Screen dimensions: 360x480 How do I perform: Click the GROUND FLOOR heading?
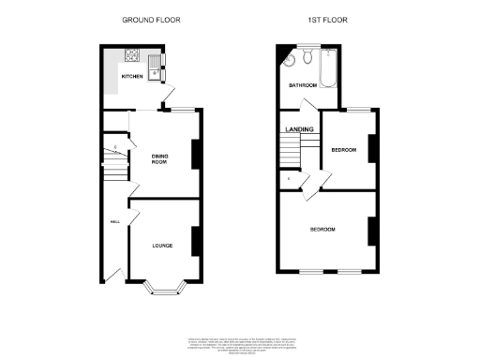151,20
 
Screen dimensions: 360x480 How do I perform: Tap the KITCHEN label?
130,77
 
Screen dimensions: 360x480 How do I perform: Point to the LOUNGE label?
162,246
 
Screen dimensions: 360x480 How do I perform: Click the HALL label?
114,222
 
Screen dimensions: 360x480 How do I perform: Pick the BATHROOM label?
302,85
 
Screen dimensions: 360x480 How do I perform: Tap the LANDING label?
299,130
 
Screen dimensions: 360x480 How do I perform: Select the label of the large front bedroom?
323,229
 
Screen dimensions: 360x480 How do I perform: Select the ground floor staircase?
112,165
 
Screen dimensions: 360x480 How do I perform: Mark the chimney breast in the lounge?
196,242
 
